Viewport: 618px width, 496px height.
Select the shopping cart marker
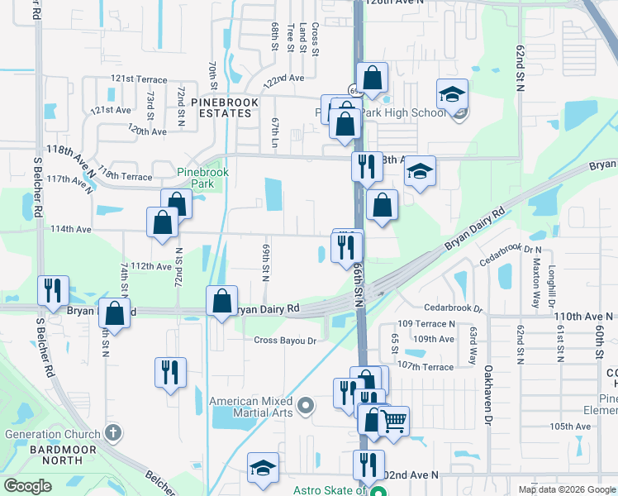(x=393, y=420)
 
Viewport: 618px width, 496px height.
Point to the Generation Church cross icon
(x=114, y=433)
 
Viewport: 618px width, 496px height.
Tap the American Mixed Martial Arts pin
(x=306, y=405)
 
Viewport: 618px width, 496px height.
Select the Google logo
(x=27, y=486)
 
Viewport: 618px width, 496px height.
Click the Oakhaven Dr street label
(x=488, y=384)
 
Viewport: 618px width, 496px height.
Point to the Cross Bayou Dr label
(x=285, y=341)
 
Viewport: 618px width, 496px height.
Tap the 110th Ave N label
(x=583, y=317)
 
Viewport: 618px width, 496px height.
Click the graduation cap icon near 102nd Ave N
(x=263, y=467)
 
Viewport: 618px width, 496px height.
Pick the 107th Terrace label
(x=425, y=367)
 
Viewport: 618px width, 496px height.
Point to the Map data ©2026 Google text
(x=566, y=489)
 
